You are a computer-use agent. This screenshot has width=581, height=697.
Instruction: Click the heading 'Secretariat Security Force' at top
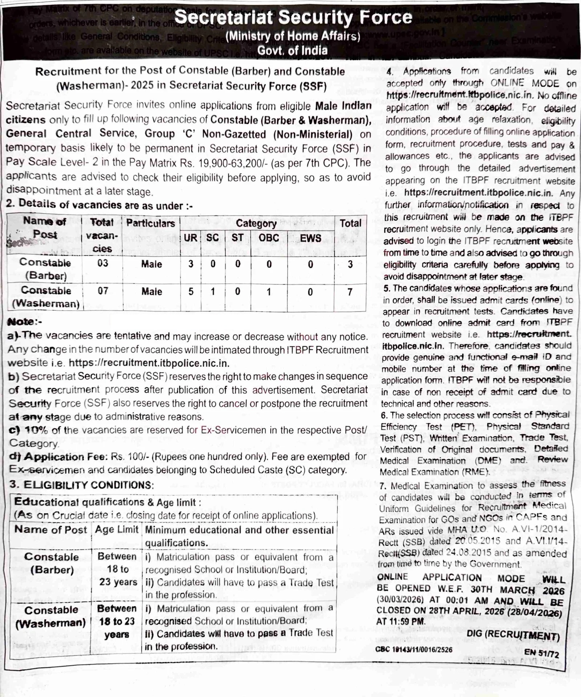coord(293,17)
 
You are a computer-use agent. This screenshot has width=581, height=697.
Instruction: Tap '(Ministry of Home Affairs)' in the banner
coord(293,36)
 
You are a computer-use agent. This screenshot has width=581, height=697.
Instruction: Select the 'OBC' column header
coord(269,238)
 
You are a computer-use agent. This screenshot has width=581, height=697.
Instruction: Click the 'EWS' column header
coord(310,238)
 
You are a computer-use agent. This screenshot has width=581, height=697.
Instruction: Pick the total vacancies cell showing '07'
coord(103,291)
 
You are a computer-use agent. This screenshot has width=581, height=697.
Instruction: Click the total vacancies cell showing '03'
coord(103,263)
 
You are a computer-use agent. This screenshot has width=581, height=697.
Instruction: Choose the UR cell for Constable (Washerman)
coord(191,292)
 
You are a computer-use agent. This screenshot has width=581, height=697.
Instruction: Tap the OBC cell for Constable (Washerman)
coord(269,292)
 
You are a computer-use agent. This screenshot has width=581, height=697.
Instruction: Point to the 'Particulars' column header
coord(151,223)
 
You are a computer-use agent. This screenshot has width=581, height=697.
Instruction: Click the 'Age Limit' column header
coord(117,530)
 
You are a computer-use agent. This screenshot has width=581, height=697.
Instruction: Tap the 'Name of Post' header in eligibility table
coord(50,530)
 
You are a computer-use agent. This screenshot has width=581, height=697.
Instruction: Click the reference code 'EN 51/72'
coord(541,653)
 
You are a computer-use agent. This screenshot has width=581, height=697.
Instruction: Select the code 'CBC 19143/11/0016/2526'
coord(414,649)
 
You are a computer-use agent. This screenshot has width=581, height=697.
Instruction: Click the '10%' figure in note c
coord(36,430)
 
